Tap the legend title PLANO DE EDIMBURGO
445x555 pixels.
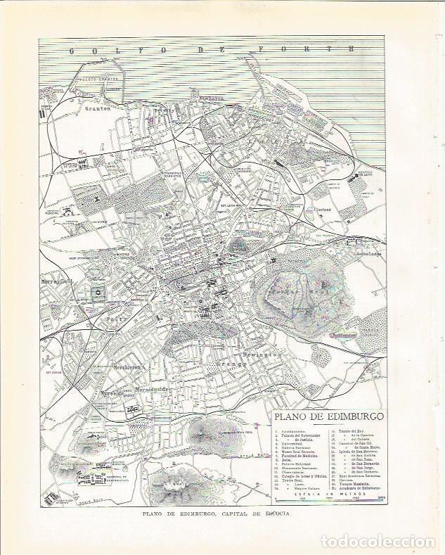[325, 416]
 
